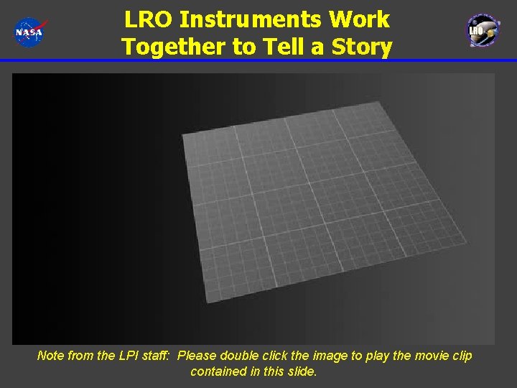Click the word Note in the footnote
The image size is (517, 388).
(50, 356)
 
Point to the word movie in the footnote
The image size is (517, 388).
(428, 356)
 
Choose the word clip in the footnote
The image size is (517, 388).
(461, 356)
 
